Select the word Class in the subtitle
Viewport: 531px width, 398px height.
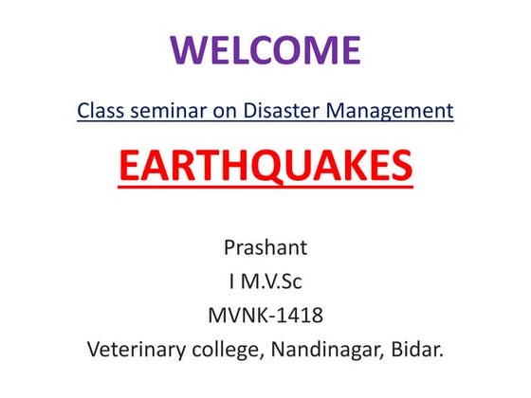pos(100,111)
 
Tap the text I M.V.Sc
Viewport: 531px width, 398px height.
pos(265,281)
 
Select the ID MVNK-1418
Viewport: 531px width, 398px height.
pos(265,315)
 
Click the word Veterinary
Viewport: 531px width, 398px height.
pos(134,349)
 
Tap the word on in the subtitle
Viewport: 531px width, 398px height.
pos(214,111)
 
